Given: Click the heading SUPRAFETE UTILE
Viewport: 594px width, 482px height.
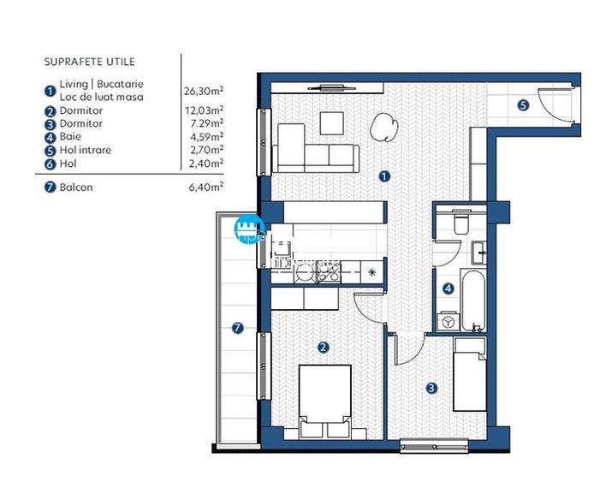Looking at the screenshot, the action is (89, 62).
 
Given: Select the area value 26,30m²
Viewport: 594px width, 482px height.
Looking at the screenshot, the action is (204, 91).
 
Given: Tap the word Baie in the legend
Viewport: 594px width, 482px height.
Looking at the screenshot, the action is (70, 136).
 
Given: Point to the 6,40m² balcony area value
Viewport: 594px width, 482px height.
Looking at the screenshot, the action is (205, 187).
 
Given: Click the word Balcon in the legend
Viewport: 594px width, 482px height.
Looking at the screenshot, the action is (76, 187).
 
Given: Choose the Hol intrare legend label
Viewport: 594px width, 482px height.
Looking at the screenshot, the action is (86, 150).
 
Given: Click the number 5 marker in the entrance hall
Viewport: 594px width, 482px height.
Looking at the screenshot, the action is (523, 105).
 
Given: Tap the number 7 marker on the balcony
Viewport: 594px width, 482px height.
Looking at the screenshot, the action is (238, 328).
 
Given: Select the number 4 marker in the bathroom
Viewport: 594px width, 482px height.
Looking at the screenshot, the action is (448, 289).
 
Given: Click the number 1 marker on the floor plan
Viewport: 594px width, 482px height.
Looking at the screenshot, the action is (384, 176).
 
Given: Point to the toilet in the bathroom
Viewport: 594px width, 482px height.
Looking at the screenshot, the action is (461, 221).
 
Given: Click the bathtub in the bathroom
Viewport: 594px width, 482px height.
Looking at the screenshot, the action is (473, 300).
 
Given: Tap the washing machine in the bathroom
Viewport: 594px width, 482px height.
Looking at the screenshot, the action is (448, 322).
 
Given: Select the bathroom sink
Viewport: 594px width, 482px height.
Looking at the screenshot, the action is (478, 253).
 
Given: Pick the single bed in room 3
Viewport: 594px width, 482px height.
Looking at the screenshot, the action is (470, 375).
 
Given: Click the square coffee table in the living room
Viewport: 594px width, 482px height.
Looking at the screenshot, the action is (332, 123).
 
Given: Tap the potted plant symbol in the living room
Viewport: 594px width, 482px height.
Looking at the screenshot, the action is (383, 128).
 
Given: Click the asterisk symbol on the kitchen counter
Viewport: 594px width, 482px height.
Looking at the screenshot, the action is (372, 271).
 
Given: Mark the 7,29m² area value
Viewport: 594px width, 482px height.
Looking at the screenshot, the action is (206, 123).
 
